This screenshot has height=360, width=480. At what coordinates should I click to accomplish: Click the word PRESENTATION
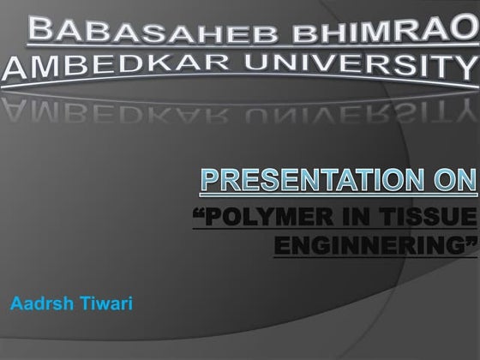click(x=306, y=181)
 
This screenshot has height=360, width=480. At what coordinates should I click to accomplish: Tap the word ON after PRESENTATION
click(x=447, y=181)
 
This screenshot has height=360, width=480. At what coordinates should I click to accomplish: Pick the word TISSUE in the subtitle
click(x=425, y=211)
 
